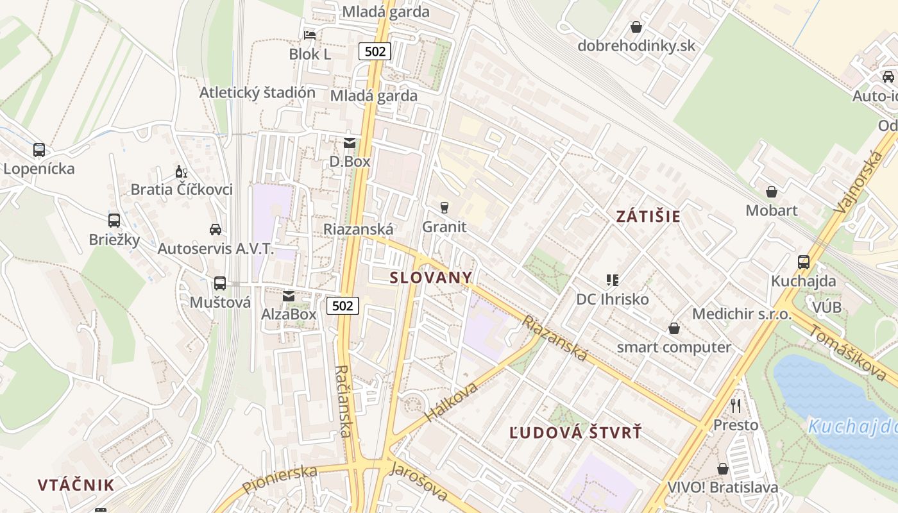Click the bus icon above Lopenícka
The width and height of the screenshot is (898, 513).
point(39,151)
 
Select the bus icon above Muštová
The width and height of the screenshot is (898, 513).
point(220,283)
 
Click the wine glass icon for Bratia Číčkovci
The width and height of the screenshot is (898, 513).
point(182,172)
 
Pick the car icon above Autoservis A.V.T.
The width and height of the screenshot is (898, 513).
point(216,230)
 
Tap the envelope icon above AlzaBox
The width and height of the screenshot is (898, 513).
point(289,296)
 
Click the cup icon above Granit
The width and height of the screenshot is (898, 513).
point(444,208)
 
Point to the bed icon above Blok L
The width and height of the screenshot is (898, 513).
point(310,35)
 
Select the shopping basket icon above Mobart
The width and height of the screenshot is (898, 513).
point(772,192)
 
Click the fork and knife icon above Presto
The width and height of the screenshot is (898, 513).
point(736,406)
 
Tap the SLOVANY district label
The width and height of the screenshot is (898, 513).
point(431,278)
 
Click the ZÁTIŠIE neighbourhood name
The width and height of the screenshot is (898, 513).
point(648,216)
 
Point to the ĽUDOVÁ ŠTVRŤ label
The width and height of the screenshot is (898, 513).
point(575,433)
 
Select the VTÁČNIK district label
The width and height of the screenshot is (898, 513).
point(76,485)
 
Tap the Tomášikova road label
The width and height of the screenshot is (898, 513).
point(847,352)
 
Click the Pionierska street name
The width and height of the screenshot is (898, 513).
point(280,480)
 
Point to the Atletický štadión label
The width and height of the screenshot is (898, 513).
point(257,92)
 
